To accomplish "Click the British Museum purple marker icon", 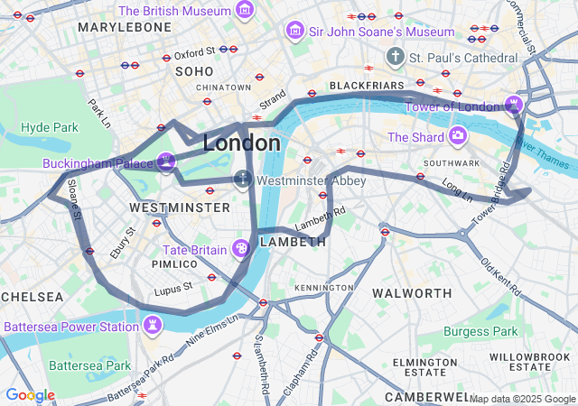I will click(244, 11).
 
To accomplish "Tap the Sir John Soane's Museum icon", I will click(294, 32).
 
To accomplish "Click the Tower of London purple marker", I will click(514, 106).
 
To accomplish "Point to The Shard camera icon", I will click(458, 137).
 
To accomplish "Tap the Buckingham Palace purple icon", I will click(165, 162).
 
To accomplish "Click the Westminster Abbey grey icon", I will click(242, 180).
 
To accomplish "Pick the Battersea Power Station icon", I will click(154, 326).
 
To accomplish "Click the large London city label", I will click(241, 143).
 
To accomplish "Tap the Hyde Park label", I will click(50, 127).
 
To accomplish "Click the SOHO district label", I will click(194, 70).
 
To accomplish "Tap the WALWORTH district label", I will click(412, 293).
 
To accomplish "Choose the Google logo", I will click(30, 395).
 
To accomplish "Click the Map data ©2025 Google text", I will click(522, 399).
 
